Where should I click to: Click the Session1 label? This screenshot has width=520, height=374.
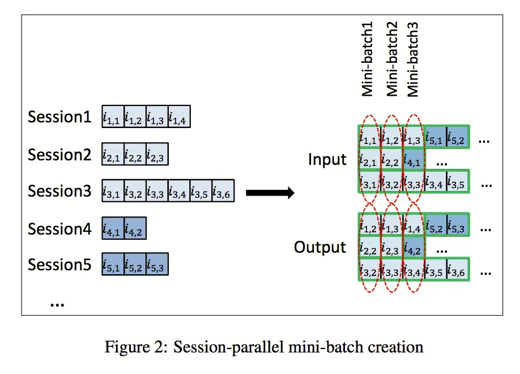point(59,117)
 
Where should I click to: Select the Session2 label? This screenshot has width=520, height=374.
point(59,154)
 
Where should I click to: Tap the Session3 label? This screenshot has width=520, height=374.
point(59,191)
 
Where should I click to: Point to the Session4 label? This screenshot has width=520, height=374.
point(59,228)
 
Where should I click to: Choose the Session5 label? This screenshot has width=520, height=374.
point(59,265)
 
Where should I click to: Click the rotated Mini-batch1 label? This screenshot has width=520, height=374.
point(368,59)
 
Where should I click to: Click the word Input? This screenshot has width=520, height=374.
point(327,160)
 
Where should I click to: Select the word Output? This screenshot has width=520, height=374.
point(319,248)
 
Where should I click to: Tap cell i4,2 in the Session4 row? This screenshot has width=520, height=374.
point(135,229)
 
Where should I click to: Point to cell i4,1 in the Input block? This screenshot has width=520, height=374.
point(413,161)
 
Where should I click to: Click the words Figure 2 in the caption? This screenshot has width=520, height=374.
point(135,346)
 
